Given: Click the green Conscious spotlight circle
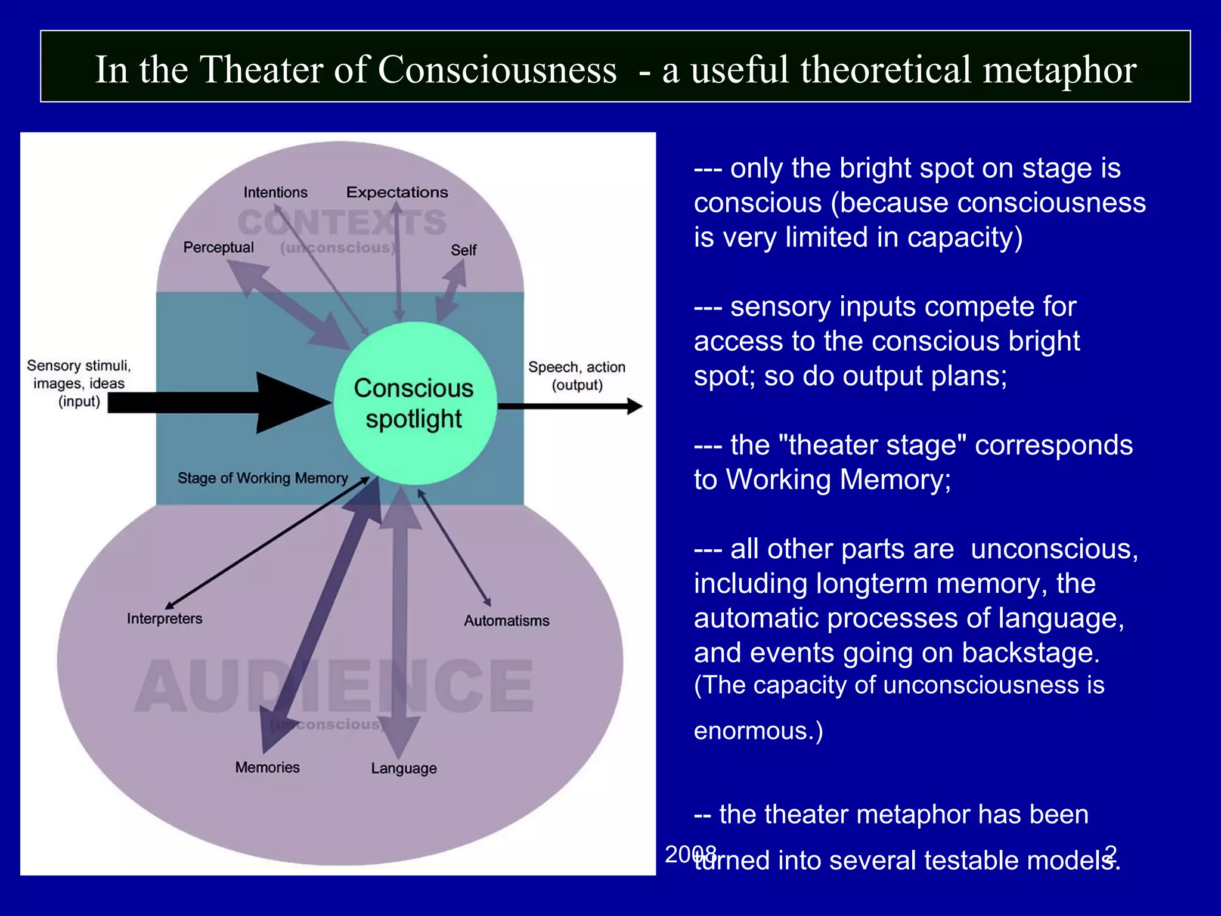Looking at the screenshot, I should coord(415,403).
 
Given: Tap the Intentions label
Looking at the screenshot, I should coord(275,193).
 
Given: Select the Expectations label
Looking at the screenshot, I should coord(397,193).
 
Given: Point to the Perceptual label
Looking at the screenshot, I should coord(218,247).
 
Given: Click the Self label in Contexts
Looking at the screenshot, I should coord(463,250).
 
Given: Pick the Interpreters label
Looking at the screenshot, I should coord(165,619).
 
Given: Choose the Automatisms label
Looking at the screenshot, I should coord(507,621).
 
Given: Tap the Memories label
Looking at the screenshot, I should coord(267,768).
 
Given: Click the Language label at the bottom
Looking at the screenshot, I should coord(404,768).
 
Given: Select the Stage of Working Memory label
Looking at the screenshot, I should coord(262,478).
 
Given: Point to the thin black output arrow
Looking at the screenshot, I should coord(569,407).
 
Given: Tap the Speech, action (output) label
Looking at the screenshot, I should coord(577,376).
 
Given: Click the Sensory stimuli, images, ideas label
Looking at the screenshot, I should coord(79,383).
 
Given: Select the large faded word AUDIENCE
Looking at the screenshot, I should coord(334,686).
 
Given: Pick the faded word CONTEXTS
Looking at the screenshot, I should coord(342,222).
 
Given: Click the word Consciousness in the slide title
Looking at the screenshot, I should coord(497,70).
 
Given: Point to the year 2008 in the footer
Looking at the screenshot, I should coord(690,854).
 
